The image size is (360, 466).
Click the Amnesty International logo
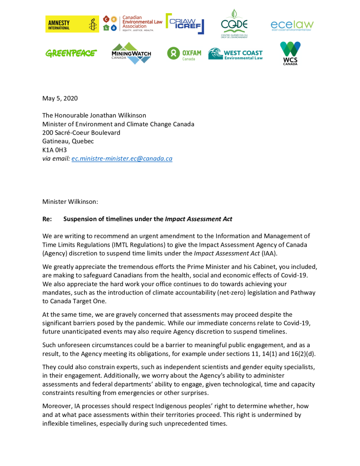[72, 24]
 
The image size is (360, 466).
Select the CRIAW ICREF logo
[184, 23]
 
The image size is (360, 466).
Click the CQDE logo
[234, 23]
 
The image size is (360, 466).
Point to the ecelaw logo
[292, 25]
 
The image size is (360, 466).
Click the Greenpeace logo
[71, 53]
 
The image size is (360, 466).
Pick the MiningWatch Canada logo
[131, 53]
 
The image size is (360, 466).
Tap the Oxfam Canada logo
[184, 54]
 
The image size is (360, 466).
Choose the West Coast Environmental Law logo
[235, 54]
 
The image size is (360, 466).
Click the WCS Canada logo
[290, 53]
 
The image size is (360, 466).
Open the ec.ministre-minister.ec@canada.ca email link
[122, 159]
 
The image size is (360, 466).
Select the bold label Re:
[47, 219]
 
